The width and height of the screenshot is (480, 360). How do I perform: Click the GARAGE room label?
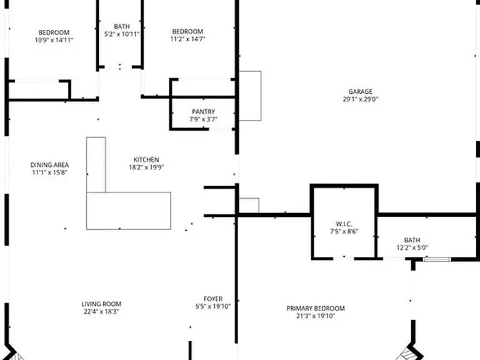point(360,91)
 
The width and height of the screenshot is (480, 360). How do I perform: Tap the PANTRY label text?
point(203,112)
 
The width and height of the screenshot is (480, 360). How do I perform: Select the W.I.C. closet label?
point(344,224)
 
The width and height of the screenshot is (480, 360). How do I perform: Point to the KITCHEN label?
point(146,160)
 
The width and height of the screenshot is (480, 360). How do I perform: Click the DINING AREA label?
point(49,165)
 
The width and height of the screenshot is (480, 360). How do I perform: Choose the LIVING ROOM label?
point(101,304)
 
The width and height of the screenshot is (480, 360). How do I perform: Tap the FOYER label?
point(213,299)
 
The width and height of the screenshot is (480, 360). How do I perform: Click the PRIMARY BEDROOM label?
point(316,308)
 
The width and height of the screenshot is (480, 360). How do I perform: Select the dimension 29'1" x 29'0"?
point(361,99)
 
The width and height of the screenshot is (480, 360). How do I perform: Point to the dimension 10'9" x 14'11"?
point(54,40)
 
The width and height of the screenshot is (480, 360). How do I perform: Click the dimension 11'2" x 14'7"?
point(187,39)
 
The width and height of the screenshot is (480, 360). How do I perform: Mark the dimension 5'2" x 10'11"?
point(122,34)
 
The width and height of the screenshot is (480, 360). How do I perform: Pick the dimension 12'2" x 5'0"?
point(412,247)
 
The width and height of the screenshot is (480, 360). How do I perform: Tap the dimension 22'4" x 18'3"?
point(101,312)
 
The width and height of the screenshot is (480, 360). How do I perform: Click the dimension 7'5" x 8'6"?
point(344,231)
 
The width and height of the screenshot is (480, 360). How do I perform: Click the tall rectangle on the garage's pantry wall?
point(250,96)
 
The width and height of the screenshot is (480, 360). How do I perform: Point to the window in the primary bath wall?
point(437,259)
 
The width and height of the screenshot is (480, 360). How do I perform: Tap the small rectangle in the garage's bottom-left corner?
point(249,206)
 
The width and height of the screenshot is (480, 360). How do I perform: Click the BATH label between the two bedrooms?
point(122,27)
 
